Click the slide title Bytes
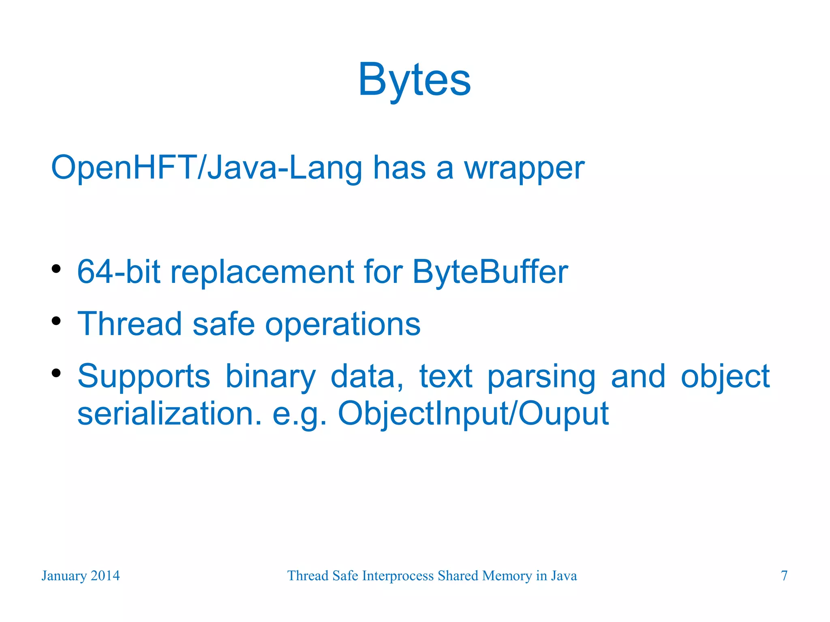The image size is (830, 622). (414, 80)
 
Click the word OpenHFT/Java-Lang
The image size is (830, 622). (206, 167)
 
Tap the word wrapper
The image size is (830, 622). (524, 168)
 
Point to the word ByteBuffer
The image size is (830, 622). (490, 272)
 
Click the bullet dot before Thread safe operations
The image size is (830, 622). (56, 321)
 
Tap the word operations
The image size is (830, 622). (342, 325)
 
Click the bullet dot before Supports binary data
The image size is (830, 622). (56, 373)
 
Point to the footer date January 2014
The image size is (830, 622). (81, 576)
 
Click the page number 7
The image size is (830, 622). (784, 576)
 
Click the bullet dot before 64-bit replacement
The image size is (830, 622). (56, 269)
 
